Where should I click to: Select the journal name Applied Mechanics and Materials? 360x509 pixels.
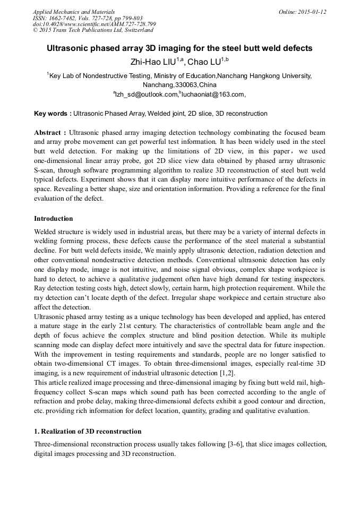click(74, 12)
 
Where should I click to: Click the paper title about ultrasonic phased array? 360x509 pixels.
click(179, 48)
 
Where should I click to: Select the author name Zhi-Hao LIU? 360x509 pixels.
click(153, 62)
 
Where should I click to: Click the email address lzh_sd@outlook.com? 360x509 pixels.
click(147, 94)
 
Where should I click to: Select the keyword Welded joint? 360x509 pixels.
click(167, 114)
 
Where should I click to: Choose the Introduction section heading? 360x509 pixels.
click(54, 219)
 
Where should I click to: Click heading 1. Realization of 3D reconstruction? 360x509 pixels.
click(88, 431)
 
